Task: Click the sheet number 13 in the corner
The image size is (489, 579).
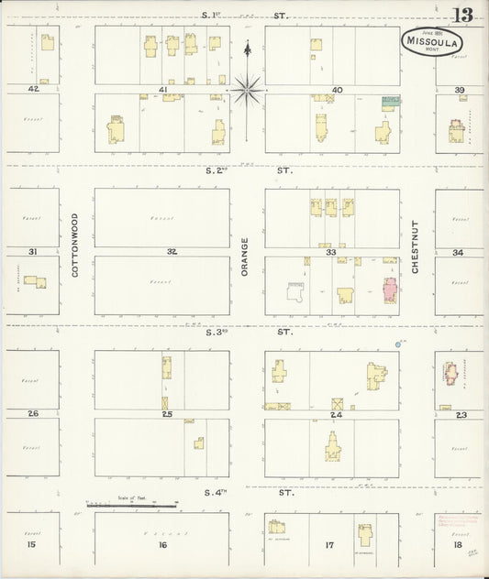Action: coord(464,15)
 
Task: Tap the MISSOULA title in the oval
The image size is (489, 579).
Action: coord(431,39)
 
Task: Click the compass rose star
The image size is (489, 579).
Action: coord(247,89)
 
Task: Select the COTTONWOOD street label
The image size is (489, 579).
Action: coord(75,246)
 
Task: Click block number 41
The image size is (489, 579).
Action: coord(162,90)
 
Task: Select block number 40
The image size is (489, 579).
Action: coord(337,90)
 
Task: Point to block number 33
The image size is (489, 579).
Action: coord(330,251)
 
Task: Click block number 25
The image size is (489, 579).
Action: coord(167,414)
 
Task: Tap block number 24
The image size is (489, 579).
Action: coord(337,414)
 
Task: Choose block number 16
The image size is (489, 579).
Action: coord(162,545)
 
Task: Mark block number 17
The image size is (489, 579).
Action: coord(329,545)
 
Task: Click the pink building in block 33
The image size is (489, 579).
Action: coord(389,294)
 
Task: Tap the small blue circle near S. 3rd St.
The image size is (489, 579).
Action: coord(398,344)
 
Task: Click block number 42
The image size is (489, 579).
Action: coord(34,89)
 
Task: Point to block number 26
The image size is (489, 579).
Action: coord(34,413)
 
